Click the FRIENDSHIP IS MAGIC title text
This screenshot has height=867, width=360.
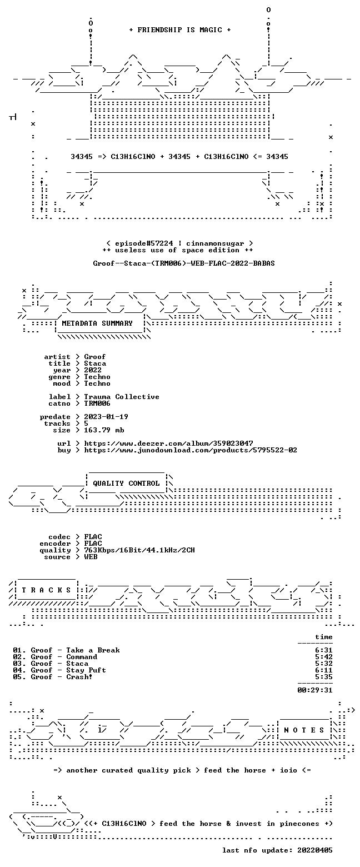tap(180, 30)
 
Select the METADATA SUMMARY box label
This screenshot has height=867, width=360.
tap(97, 323)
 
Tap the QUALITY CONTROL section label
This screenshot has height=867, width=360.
tap(126, 484)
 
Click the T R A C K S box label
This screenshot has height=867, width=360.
tap(47, 590)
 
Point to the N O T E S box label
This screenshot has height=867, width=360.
tap(304, 730)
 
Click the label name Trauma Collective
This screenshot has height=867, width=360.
tap(122, 397)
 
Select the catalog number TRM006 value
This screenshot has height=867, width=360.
tap(97, 403)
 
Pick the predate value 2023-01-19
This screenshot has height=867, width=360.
tap(106, 417)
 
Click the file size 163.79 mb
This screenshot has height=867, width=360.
tap(104, 430)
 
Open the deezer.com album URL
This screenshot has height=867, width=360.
tap(168, 444)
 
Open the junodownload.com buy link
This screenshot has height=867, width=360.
tap(191, 450)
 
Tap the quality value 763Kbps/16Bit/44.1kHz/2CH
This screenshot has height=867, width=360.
tap(139, 550)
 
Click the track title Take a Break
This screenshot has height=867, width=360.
tap(93, 650)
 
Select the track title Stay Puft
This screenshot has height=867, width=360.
tap(86, 670)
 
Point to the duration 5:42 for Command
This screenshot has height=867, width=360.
tap(324, 657)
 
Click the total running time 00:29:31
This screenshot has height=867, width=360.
tap(314, 690)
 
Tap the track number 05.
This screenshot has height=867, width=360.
tap(17, 677)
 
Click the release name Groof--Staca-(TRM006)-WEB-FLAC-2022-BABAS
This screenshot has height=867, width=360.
tap(184, 263)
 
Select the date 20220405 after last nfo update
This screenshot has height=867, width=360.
tap(314, 850)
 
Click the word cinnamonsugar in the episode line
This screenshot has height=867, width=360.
tap(215, 243)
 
